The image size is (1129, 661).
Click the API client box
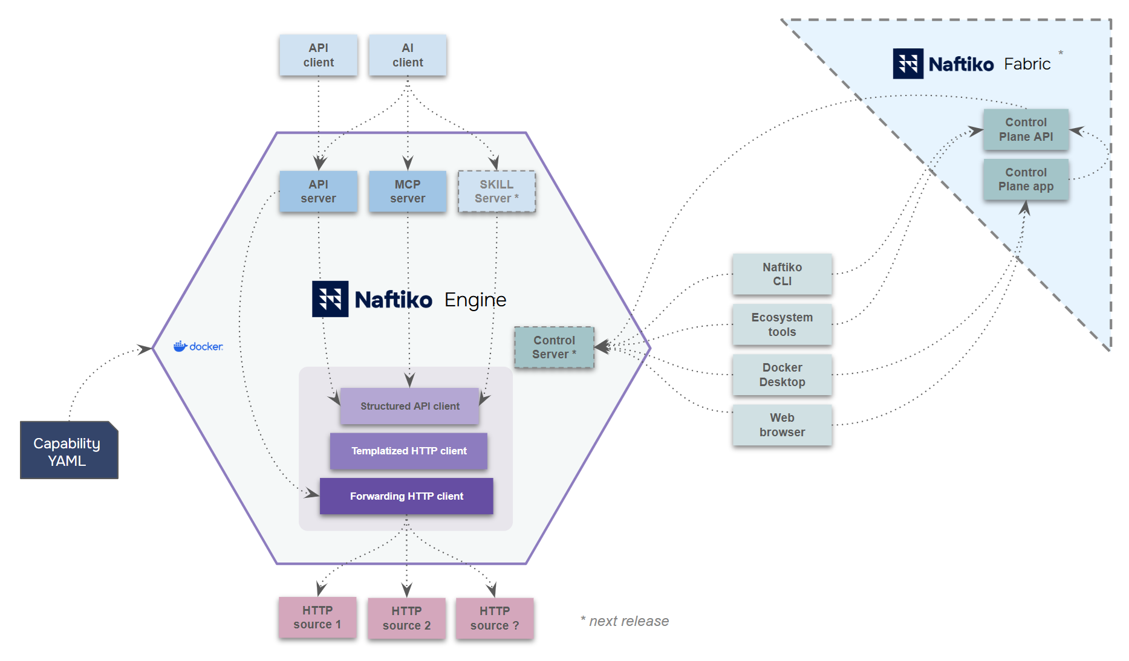tap(318, 55)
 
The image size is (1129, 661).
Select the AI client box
tap(408, 55)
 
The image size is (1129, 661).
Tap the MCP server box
tap(408, 191)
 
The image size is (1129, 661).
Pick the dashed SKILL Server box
tap(496, 191)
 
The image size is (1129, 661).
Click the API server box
tap(318, 191)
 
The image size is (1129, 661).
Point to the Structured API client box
tap(409, 406)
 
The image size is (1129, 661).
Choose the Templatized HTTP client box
tap(409, 451)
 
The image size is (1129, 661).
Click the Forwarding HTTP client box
tap(406, 496)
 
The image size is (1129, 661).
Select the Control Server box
tap(554, 347)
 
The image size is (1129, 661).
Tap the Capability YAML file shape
tap(68, 451)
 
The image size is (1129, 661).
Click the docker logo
tap(198, 346)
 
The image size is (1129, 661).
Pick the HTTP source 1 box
tap(317, 617)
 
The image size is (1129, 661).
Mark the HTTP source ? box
tap(495, 618)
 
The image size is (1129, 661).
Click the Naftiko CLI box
tap(782, 274)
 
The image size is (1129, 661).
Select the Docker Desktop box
tap(782, 375)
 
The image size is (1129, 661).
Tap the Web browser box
tap(782, 425)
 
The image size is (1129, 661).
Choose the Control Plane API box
tap(1026, 129)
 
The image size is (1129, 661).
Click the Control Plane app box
tap(1026, 179)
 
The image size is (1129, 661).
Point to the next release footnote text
tap(625, 621)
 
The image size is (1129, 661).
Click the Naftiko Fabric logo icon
tap(908, 63)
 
